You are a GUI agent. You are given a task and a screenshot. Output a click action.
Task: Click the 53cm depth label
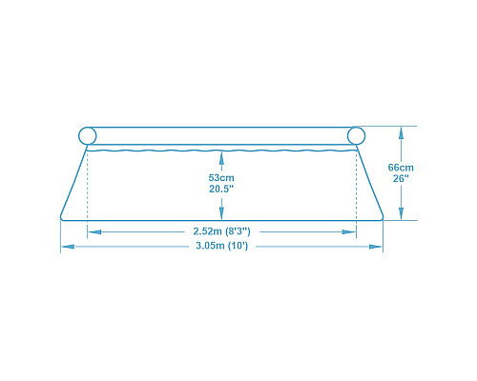221,177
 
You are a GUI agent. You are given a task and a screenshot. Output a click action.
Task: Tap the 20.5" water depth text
221,189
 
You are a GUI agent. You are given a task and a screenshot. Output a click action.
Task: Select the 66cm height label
401,168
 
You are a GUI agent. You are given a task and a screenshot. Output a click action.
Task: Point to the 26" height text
401,178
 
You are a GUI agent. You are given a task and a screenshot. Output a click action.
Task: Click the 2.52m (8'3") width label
221,231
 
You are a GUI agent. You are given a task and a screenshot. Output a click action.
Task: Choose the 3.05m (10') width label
221,246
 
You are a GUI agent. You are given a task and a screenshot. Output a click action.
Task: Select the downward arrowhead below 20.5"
221,213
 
